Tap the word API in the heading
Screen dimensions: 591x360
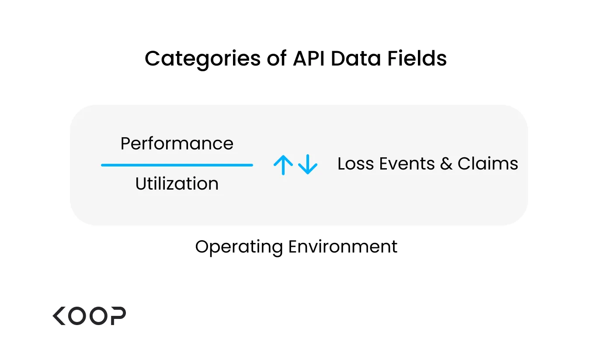point(309,58)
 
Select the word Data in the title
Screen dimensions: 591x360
point(356,58)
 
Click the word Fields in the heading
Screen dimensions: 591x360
point(417,58)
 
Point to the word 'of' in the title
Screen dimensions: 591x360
point(277,58)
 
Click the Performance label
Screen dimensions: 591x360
point(177,144)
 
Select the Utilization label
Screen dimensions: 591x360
point(177,183)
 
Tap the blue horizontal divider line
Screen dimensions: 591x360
point(177,165)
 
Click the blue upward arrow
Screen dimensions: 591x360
point(283,165)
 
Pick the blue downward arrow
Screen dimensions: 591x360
point(308,164)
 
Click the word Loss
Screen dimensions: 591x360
point(355,164)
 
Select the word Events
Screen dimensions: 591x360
point(407,164)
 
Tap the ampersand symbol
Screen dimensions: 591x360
point(446,164)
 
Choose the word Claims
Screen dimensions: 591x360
point(488,164)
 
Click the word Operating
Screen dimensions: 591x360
point(239,247)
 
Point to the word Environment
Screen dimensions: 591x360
point(343,246)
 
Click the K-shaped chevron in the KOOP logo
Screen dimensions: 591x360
point(59,316)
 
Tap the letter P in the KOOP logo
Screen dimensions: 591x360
point(118,316)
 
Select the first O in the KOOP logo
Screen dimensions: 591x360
point(77,316)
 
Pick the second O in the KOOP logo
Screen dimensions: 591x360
point(98,316)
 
